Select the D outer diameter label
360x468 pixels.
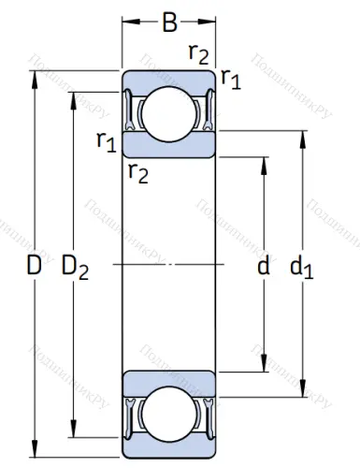[x=34, y=268]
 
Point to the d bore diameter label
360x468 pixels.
[x=263, y=268]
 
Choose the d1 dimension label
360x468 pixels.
[x=301, y=270]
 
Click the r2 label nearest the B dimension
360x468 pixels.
[x=197, y=53]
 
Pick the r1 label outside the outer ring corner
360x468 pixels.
[x=230, y=80]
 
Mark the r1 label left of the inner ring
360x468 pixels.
[x=106, y=141]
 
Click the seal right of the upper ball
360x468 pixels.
[x=207, y=111]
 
